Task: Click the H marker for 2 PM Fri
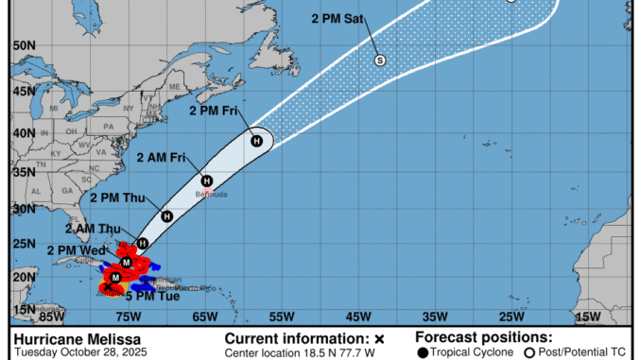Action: (255, 141)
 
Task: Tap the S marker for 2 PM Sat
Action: (380, 60)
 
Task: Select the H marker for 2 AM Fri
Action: (205, 180)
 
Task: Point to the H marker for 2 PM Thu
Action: (166, 216)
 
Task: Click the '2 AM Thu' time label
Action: (92, 229)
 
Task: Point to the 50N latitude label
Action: (25, 44)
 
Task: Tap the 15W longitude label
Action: (589, 317)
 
